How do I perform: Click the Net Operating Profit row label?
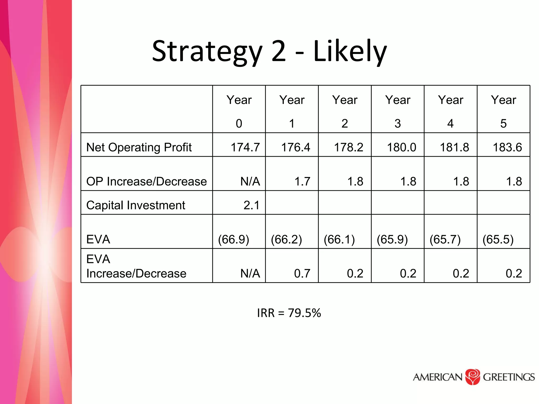pyautogui.click(x=139, y=147)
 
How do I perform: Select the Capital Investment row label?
pyautogui.click(x=136, y=205)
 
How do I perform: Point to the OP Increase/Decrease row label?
pyautogui.click(x=147, y=181)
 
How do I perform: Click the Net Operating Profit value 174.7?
pyautogui.click(x=245, y=147)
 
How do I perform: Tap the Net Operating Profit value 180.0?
pyautogui.click(x=401, y=147)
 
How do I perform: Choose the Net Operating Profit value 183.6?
pyautogui.click(x=507, y=147)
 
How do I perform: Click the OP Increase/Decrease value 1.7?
pyautogui.click(x=302, y=181)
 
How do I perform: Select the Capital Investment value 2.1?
pyautogui.click(x=251, y=205)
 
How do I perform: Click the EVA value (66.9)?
pyautogui.click(x=233, y=239)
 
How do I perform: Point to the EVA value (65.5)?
pyautogui.click(x=498, y=239)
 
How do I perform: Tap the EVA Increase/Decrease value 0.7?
pyautogui.click(x=302, y=274)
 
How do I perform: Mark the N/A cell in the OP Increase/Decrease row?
pyautogui.click(x=250, y=181)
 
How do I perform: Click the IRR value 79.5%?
pyautogui.click(x=305, y=313)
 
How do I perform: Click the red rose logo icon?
pyautogui.click(x=473, y=377)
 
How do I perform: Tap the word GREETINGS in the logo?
pyautogui.click(x=509, y=377)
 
